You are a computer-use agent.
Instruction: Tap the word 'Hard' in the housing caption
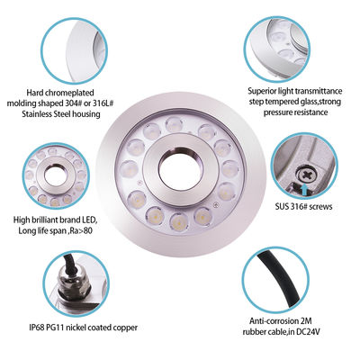coord(35,91)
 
